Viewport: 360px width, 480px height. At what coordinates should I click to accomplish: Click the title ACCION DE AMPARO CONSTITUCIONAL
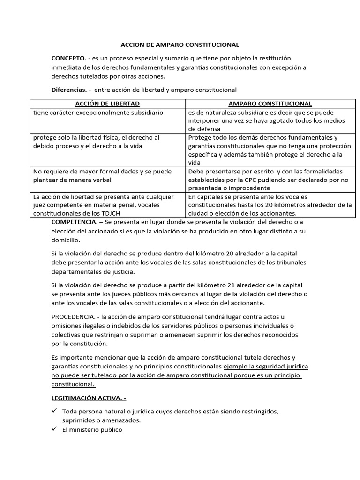coord(180,45)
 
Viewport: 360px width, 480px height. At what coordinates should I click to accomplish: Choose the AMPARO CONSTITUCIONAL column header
coord(270,104)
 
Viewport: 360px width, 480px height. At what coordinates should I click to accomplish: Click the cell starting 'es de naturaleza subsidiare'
coord(270,120)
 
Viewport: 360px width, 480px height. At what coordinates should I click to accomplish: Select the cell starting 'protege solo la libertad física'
coord(97,142)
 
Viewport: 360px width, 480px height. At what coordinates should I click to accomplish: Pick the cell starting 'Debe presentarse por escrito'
coord(270,180)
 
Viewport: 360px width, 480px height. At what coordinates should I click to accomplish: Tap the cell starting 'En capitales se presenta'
coord(270,205)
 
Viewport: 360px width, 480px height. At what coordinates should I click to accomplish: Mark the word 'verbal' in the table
coord(102,180)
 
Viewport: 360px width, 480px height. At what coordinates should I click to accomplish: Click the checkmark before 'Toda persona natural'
coord(54,411)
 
